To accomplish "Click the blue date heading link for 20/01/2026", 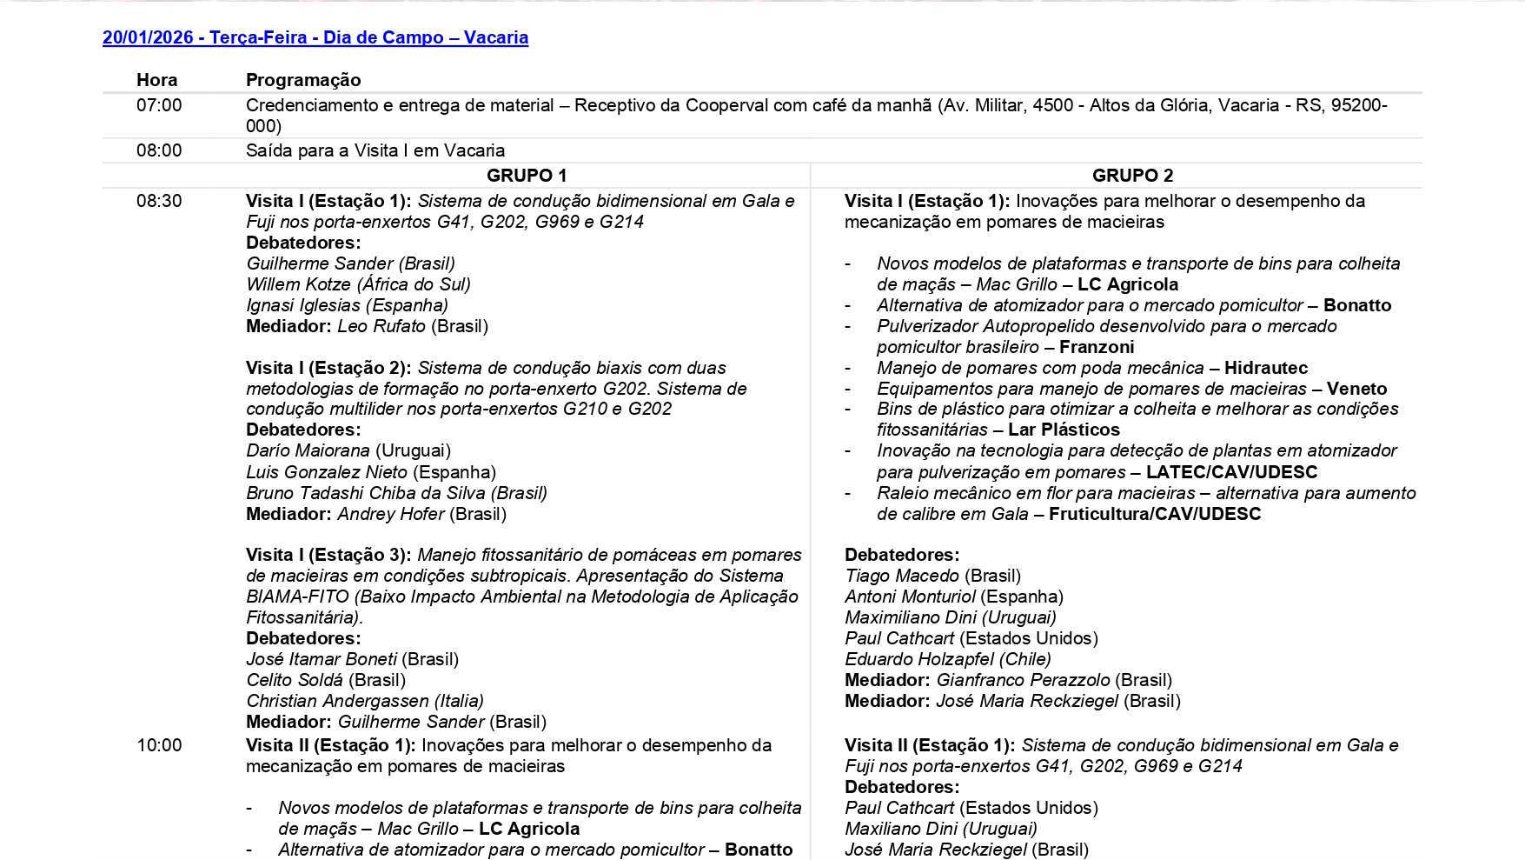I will [315, 37].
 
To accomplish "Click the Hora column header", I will [156, 80].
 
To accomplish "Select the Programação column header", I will [303, 80].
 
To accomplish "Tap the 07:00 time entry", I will [159, 105].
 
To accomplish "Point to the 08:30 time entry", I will [159, 201].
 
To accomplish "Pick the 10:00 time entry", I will [159, 745].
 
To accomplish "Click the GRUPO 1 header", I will [527, 176].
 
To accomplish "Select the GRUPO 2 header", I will [1132, 176].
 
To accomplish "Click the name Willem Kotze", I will [299, 284].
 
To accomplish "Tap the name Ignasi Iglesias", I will [302, 305].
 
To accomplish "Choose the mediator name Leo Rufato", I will [381, 326].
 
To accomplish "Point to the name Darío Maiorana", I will [308, 450].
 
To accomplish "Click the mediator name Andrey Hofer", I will [390, 514].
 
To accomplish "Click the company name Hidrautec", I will [1265, 368].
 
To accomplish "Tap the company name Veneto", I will [1356, 389].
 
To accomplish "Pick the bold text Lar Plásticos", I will [1064, 430].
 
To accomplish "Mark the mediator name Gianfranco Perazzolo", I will [1022, 680].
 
